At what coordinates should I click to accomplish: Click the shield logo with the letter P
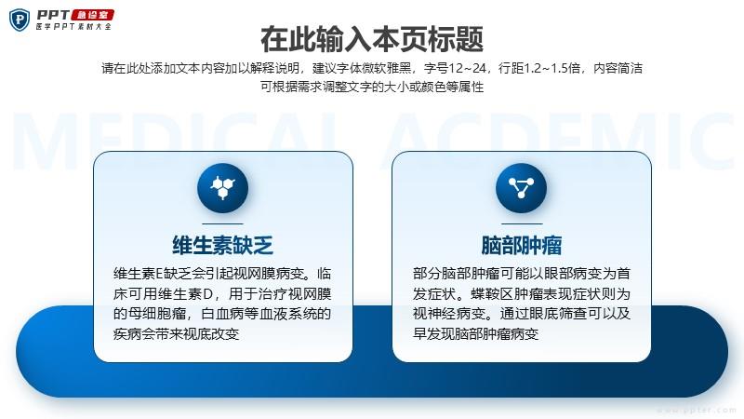(20, 20)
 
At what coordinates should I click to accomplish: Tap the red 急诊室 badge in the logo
(93, 15)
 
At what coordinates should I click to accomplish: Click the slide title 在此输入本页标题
(372, 39)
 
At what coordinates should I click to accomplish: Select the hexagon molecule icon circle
(222, 188)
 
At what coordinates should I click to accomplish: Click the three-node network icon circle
(521, 188)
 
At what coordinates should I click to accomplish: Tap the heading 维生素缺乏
(222, 246)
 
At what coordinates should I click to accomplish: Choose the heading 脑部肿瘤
(522, 246)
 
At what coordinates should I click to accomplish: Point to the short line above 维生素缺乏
(222, 223)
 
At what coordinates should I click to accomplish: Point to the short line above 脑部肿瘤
(522, 223)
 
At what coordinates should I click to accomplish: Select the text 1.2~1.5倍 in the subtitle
(551, 68)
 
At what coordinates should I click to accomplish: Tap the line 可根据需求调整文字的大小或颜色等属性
(372, 87)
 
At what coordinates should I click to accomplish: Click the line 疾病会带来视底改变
(176, 333)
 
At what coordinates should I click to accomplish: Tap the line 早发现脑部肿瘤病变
(475, 333)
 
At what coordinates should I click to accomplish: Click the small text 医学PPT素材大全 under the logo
(73, 27)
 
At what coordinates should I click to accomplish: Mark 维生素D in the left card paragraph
(186, 294)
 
